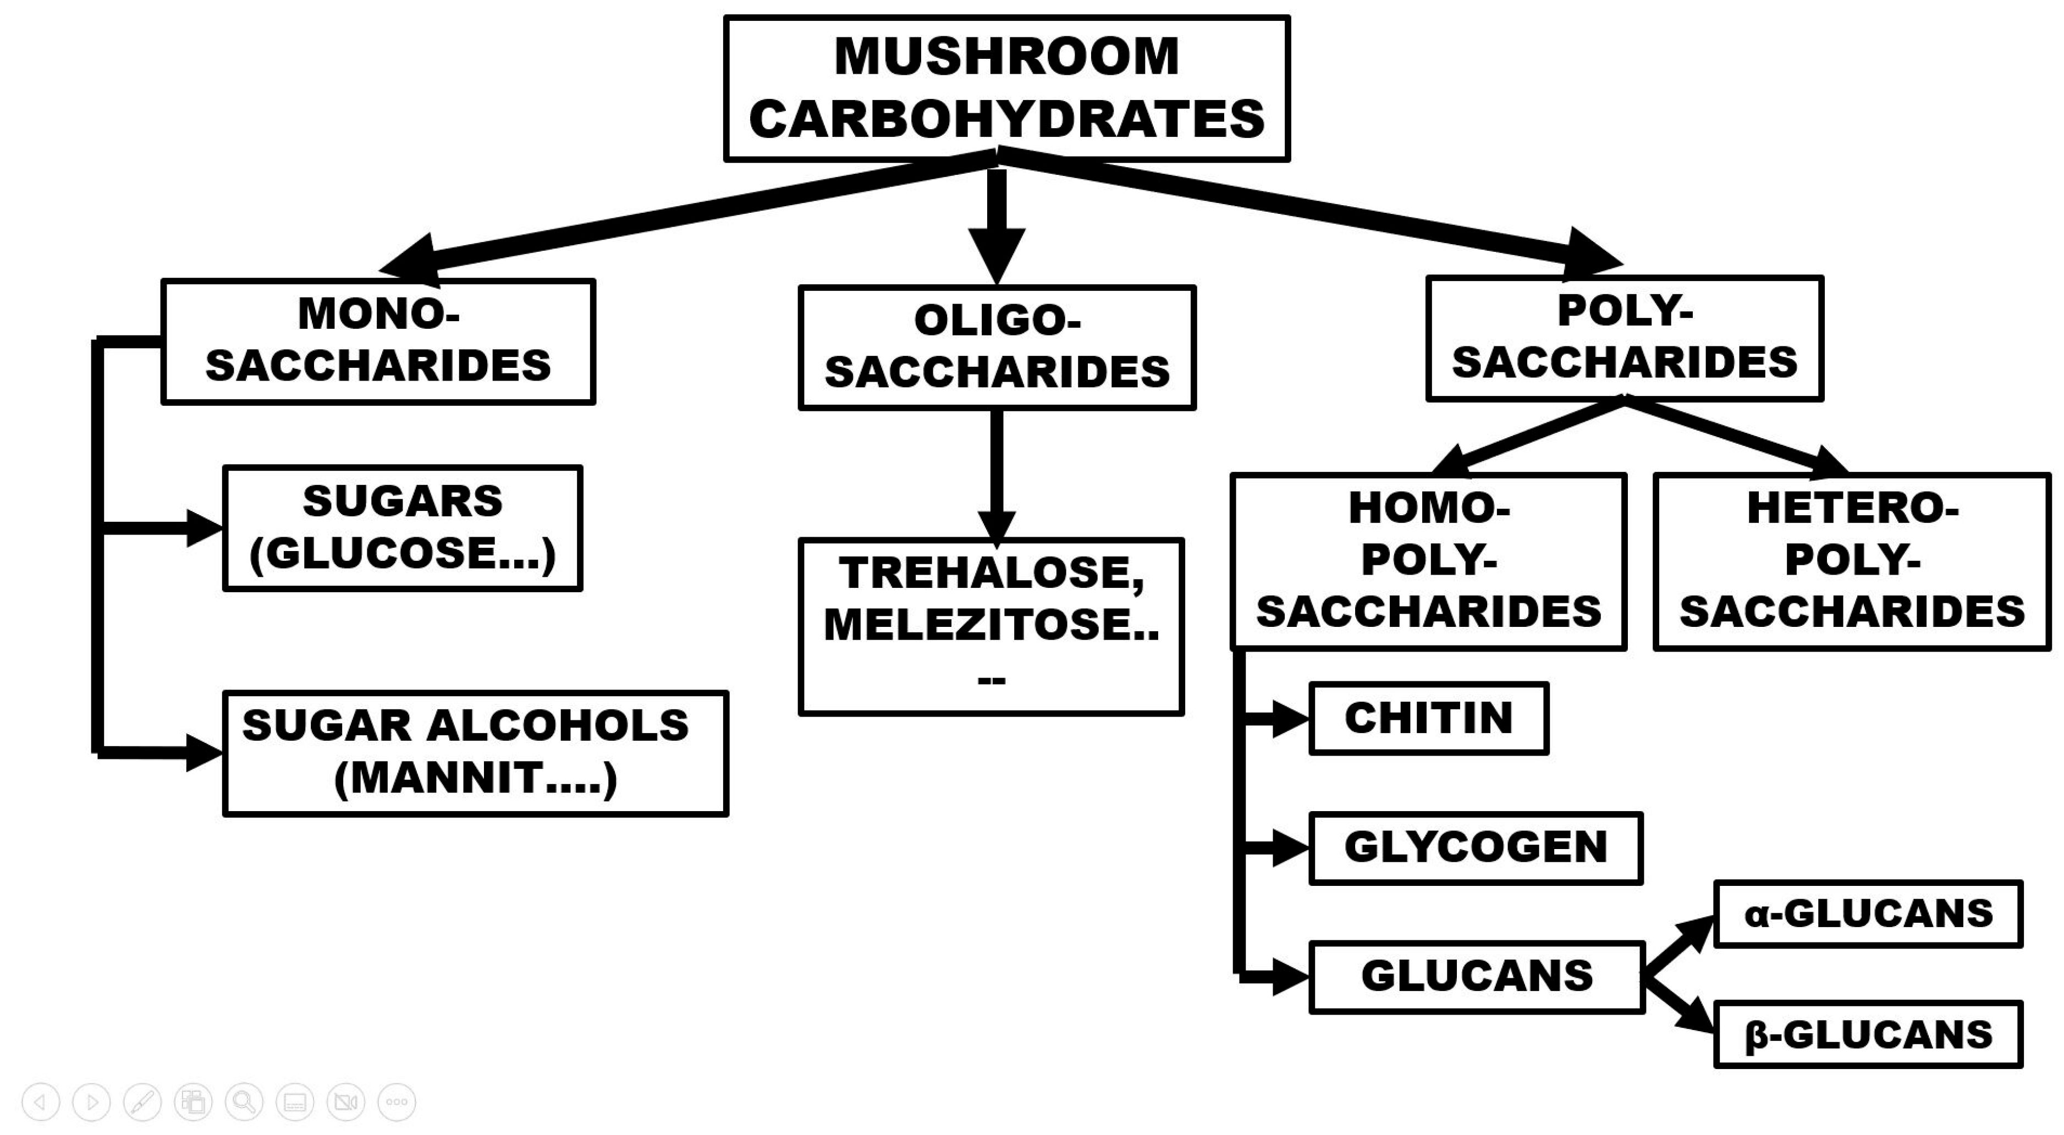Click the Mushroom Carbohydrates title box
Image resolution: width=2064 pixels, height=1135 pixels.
click(1006, 88)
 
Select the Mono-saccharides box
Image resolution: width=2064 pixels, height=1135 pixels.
click(378, 341)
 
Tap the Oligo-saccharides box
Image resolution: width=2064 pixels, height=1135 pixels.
click(997, 348)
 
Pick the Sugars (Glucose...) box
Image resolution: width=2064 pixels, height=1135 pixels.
click(402, 528)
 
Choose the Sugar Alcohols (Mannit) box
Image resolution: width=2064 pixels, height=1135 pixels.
click(475, 753)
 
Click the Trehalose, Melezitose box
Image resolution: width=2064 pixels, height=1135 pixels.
click(991, 626)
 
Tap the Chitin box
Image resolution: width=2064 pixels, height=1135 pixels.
click(1429, 719)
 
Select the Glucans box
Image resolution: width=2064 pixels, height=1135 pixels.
click(1477, 977)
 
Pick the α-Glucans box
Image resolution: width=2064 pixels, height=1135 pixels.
click(1868, 914)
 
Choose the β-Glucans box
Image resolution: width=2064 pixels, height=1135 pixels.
click(1868, 1034)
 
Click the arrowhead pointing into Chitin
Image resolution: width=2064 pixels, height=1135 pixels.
click(1291, 719)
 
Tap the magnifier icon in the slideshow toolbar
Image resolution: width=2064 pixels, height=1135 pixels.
click(244, 1102)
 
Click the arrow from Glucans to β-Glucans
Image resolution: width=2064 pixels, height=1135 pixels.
click(1678, 1004)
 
